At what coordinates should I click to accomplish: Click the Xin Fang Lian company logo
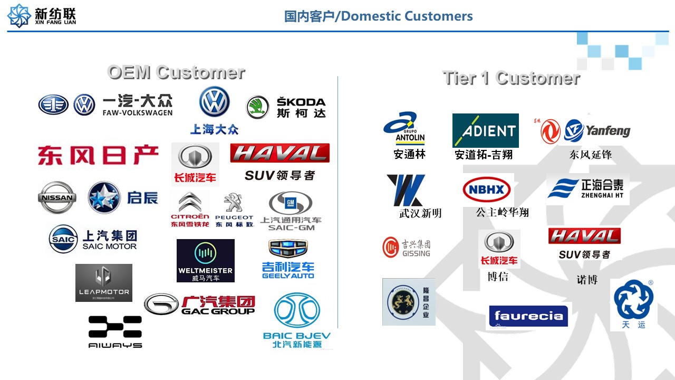[19, 15]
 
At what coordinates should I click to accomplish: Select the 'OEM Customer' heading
[176, 72]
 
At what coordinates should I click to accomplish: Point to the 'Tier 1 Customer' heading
[511, 78]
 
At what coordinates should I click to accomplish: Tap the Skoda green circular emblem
[258, 107]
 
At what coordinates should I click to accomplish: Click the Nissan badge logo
[56, 197]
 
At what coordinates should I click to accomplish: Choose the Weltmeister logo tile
[205, 260]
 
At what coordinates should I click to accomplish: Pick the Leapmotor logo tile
[104, 283]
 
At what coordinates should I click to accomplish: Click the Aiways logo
[115, 331]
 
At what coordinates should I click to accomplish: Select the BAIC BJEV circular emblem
[297, 311]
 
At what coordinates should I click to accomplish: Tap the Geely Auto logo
[288, 259]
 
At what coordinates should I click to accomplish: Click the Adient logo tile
[485, 130]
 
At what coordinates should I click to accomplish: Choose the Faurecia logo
[528, 316]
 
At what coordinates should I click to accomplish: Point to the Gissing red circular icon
[391, 246]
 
